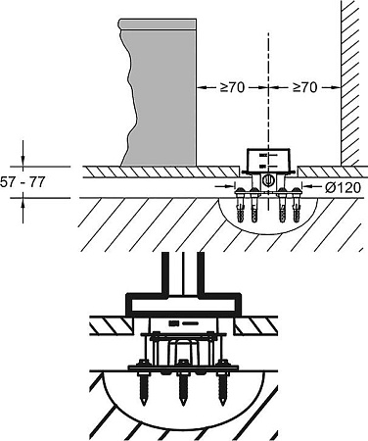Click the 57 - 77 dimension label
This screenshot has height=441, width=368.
(23, 182)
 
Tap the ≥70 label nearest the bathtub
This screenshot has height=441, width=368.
(232, 87)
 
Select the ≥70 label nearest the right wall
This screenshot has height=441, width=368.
(304, 87)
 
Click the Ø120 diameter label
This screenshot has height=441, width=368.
(344, 187)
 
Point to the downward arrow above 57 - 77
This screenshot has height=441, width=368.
(23, 153)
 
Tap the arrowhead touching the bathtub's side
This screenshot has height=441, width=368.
(202, 87)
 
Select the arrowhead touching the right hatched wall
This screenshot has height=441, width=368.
(336, 87)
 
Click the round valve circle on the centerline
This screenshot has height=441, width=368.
(268, 180)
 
